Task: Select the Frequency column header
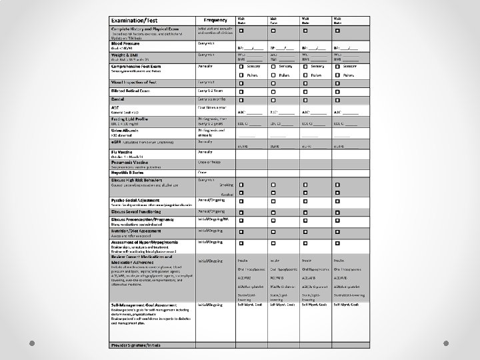(x=215, y=21)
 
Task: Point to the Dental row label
(x=118, y=99)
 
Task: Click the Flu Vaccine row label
(x=125, y=151)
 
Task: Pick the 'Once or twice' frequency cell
(x=209, y=162)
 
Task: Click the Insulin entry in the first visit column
(x=243, y=260)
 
